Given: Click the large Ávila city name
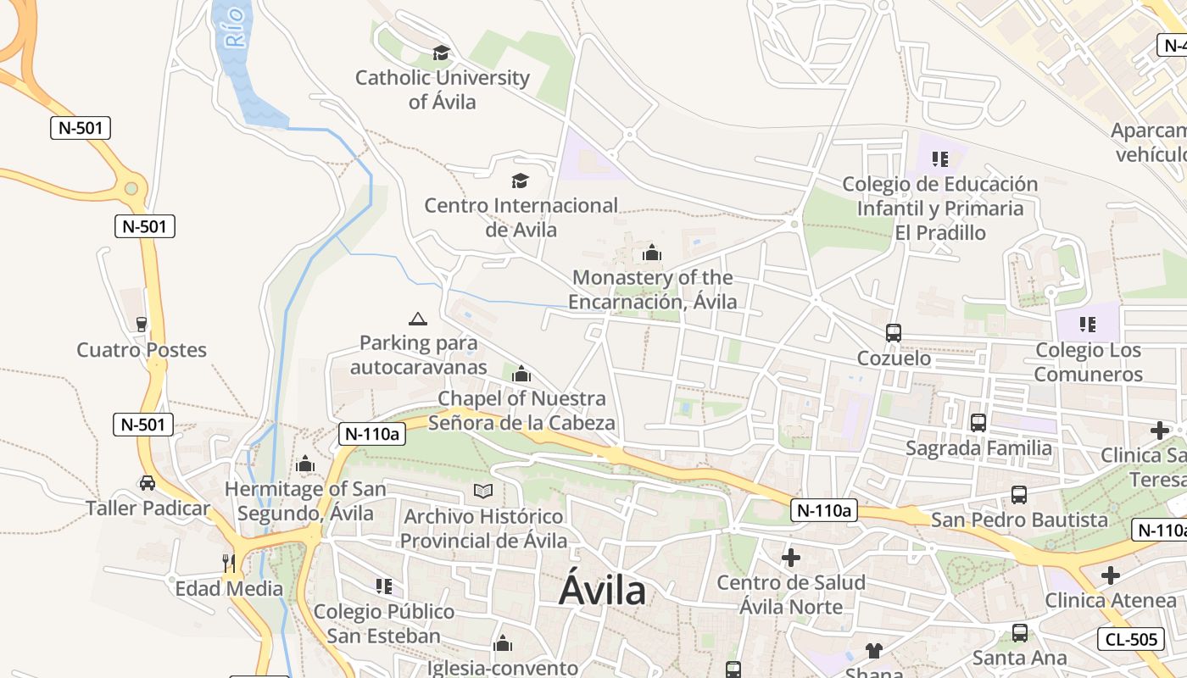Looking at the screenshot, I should point(602,591).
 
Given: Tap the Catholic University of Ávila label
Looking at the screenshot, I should point(442,90).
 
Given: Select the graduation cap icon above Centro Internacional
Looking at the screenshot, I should point(520,181).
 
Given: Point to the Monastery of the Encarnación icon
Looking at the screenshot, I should point(651,253).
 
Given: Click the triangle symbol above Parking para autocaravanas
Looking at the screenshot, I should point(417,320).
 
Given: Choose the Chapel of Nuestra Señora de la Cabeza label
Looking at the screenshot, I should point(521,410).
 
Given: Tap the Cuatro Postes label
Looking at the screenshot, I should point(142,350).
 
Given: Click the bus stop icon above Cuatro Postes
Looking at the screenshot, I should point(142,324).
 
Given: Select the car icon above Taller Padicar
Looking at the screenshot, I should point(148,483).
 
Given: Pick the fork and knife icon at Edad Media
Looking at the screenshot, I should point(228,563).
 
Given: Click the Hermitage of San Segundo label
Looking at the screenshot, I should point(305,501).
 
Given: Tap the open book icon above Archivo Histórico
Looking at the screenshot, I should point(483,491).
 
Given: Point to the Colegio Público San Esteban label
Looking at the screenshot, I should point(384,624).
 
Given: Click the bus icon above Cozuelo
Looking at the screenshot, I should point(894,333).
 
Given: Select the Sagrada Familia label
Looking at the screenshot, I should point(978,448).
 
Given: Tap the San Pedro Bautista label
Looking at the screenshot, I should point(1019,520).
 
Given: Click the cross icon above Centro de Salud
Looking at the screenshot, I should point(791,557).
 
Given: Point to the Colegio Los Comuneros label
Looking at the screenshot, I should point(1089,362).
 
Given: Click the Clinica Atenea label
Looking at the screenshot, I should point(1111,601).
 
